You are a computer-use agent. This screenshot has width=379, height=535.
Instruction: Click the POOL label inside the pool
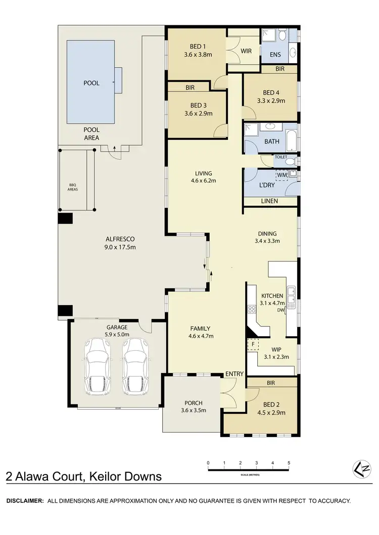point(91,83)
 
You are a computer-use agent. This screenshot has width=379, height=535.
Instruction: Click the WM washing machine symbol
point(282,175)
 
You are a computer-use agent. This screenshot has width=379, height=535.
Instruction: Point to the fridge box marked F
point(252,344)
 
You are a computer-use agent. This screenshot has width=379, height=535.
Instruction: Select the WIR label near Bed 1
point(246,51)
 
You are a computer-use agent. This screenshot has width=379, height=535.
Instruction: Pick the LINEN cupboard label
point(270,201)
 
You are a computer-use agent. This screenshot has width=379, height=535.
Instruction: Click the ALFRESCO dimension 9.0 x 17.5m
point(119,247)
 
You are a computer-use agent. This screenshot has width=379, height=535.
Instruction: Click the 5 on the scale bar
point(289,463)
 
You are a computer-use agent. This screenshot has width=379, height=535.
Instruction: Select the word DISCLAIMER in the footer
point(24,501)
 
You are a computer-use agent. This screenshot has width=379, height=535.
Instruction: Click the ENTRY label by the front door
point(235,374)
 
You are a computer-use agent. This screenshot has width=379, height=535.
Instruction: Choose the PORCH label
point(193,403)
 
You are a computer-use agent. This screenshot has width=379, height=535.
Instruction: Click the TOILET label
point(280,157)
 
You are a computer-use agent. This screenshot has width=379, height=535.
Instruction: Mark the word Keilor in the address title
point(108,476)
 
